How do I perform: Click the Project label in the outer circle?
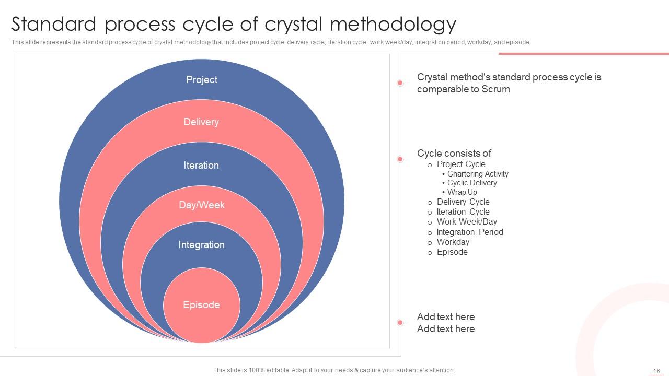202,80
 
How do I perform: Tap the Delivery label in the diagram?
201,122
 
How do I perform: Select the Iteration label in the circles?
201,166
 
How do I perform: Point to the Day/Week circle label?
202,205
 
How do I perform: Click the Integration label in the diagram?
201,245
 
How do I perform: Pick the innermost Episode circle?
201,305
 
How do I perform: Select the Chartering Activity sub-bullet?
478,174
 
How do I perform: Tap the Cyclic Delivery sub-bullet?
472,183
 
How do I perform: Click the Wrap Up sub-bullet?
462,192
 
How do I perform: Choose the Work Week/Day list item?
467,222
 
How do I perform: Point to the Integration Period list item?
470,232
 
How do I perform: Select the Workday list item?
453,242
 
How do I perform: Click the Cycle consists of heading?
454,154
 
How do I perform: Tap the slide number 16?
656,371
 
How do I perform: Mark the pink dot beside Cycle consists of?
400,159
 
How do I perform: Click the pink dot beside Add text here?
400,323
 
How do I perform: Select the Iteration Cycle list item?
463,212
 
